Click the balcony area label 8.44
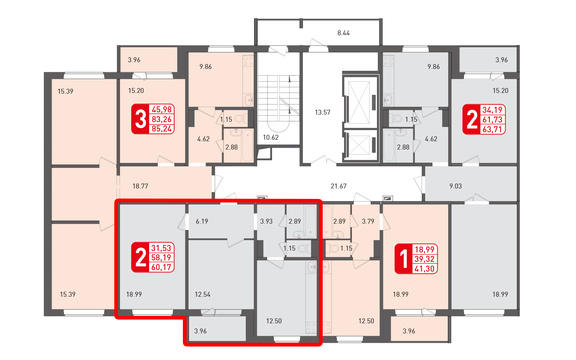pyautogui.click(x=343, y=33)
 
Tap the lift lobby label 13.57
pyautogui.click(x=322, y=112)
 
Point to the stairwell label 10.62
pyautogui.click(x=271, y=138)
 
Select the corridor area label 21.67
pyautogui.click(x=338, y=186)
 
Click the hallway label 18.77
pyautogui.click(x=140, y=186)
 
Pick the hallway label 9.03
pyautogui.click(x=456, y=186)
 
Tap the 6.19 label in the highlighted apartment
pyautogui.click(x=202, y=221)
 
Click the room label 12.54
pyautogui.click(x=203, y=294)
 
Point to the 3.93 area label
pyautogui.click(x=266, y=221)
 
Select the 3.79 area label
pyautogui.click(x=368, y=221)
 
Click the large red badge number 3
pyautogui.click(x=141, y=119)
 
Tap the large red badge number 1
pyautogui.click(x=404, y=259)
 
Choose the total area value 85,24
pyautogui.click(x=162, y=129)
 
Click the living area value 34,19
pyautogui.click(x=493, y=109)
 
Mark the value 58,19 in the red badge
pyautogui.click(x=162, y=258)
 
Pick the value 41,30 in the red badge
pyautogui.click(x=425, y=269)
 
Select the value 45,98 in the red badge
pyautogui.click(x=162, y=109)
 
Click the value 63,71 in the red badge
pyautogui.click(x=493, y=129)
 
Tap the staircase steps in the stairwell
pyautogui.click(x=278, y=97)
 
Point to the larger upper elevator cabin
pyautogui.click(x=359, y=102)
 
